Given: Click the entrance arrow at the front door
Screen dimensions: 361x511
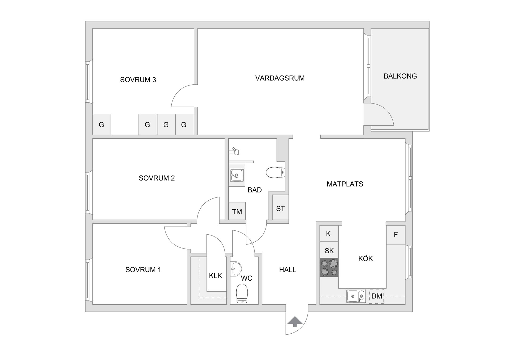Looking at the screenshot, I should point(295,321).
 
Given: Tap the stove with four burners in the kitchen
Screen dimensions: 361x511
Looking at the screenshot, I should point(329,267).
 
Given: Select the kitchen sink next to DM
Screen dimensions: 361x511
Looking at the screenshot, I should point(356,296).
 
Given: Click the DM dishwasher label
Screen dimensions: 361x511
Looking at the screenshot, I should point(377,296).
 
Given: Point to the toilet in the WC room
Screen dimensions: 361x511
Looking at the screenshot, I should point(242,294).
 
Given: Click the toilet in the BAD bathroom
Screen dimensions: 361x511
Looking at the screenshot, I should point(275,172).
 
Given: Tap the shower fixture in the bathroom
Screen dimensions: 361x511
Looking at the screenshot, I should point(234,151).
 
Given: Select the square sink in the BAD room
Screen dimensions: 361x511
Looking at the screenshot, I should point(237,175).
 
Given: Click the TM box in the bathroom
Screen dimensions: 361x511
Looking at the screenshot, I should point(237,211).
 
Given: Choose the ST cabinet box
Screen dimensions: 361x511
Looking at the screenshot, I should point(281,209).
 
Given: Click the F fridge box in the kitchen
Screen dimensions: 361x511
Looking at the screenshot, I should point(396,235).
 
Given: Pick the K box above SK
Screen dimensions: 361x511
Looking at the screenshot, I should point(328,234).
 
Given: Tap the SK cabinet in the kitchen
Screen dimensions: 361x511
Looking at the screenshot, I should point(329,250).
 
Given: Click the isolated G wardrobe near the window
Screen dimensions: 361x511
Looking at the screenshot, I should point(101,125).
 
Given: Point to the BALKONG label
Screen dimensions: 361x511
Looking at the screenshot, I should point(400,76).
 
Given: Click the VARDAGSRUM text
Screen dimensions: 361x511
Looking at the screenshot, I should point(280,78).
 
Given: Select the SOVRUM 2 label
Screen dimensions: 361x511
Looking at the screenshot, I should point(156,178).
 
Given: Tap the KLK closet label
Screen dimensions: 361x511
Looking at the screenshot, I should point(215,276).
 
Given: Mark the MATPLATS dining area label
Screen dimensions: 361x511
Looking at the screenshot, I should point(345,184).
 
